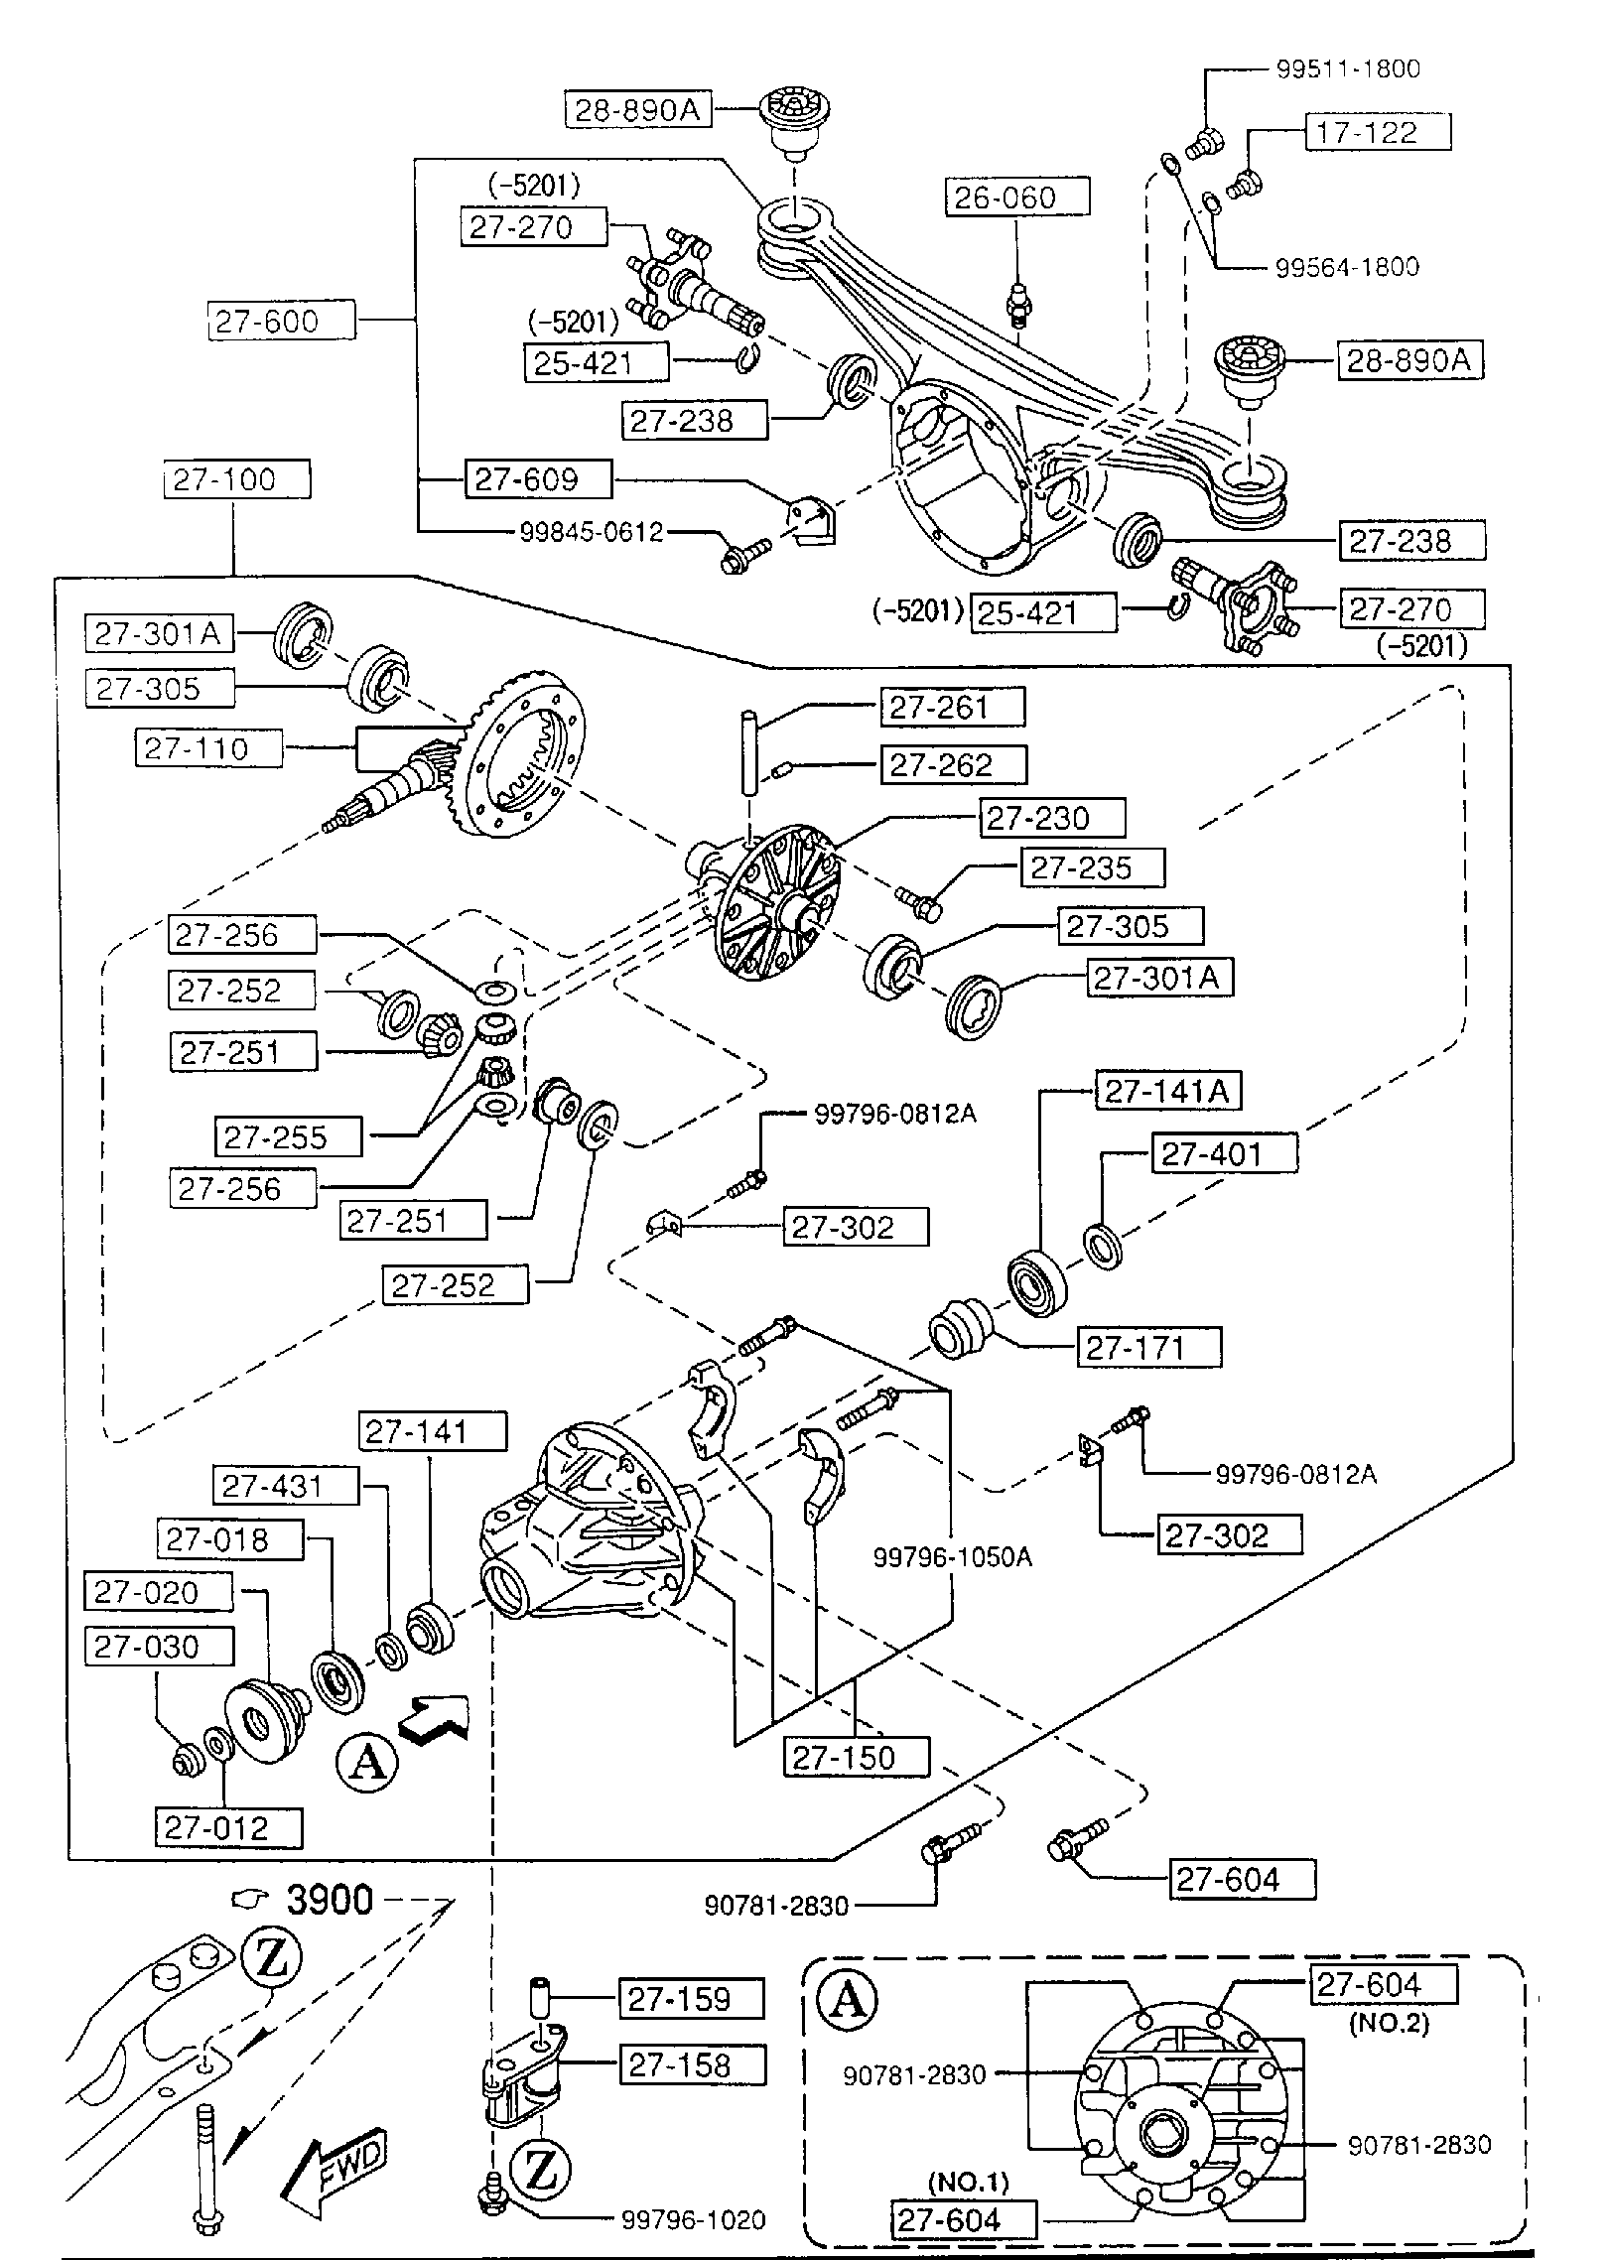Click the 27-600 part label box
(x=281, y=322)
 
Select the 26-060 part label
(x=1016, y=197)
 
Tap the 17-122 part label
(x=1376, y=132)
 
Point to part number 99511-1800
(x=1347, y=68)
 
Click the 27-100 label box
(x=236, y=479)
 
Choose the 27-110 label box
(x=208, y=748)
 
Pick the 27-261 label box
(x=951, y=707)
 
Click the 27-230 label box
(x=1051, y=818)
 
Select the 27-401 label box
(x=1224, y=1154)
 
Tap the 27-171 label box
(x=1148, y=1348)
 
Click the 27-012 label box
(x=228, y=1827)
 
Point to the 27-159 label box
(x=691, y=1998)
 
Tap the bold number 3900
(x=330, y=1900)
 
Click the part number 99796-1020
(x=693, y=2219)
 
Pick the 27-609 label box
(x=538, y=479)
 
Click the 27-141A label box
(x=1167, y=1092)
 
